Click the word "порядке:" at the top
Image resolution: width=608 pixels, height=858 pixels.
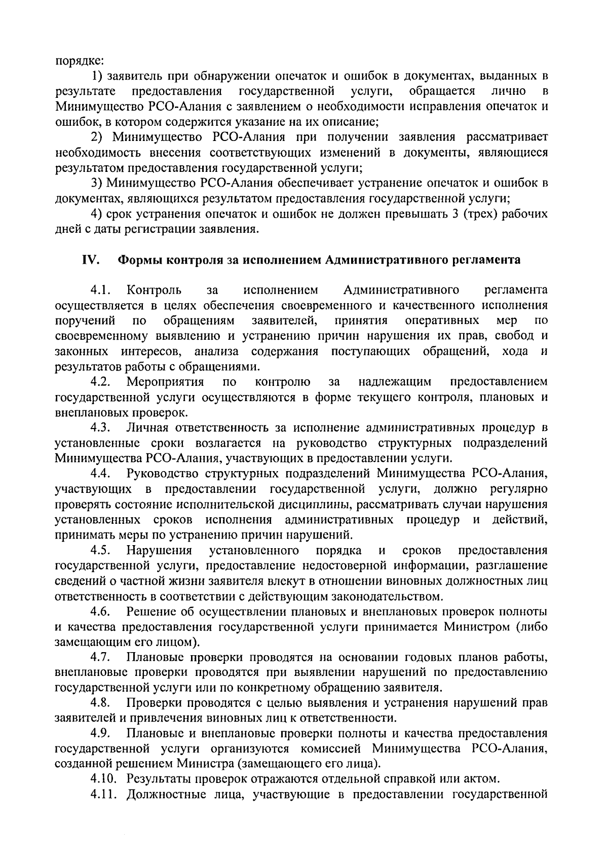[79, 61]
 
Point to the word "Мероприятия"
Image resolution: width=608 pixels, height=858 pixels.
[165, 381]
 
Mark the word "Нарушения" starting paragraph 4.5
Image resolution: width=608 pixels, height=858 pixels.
[160, 551]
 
